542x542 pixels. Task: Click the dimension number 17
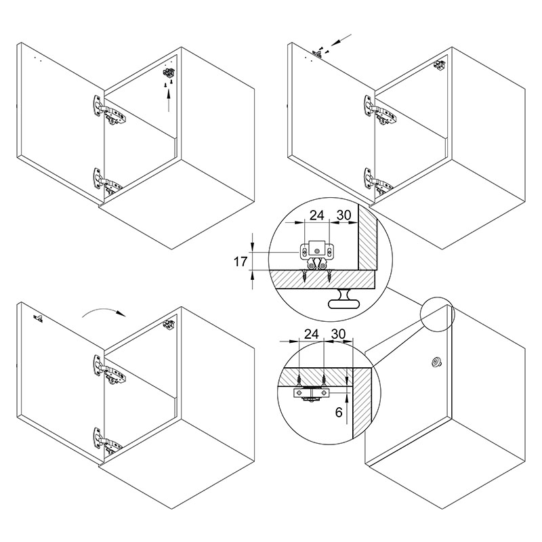tap(241, 262)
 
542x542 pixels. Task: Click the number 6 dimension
tap(339, 412)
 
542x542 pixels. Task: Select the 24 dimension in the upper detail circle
tap(316, 215)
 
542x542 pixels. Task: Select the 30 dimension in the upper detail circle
tap(344, 215)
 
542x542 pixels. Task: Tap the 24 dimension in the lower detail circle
tap(311, 334)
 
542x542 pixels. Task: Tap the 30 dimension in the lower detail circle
tap(338, 334)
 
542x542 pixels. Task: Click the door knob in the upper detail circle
tap(343, 299)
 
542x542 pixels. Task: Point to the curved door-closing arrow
tap(103, 310)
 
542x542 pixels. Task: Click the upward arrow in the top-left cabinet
tap(169, 100)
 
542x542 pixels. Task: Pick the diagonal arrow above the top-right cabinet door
tap(341, 39)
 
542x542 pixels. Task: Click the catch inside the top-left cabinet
tap(169, 73)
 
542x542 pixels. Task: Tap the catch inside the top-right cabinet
tap(440, 65)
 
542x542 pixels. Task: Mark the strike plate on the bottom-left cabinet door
tap(38, 318)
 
